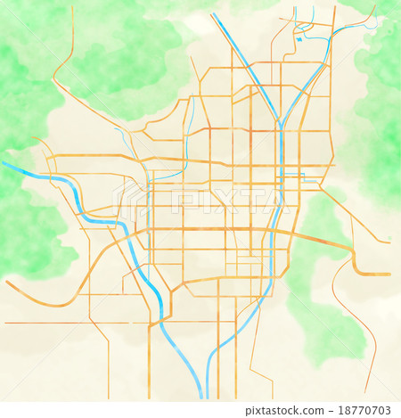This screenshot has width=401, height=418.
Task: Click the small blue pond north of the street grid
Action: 300,38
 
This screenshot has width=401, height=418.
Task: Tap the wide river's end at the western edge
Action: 4,164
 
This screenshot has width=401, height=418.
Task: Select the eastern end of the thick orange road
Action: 388,274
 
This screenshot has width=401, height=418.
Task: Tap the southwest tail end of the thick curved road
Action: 8,283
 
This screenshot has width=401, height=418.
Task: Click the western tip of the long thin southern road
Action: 6,323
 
